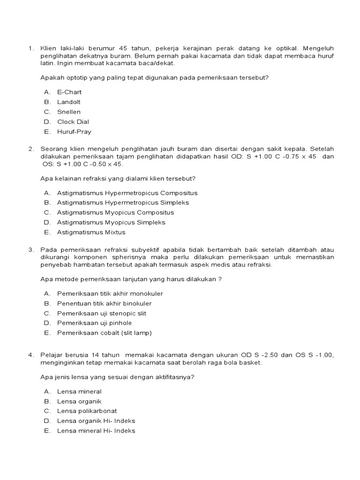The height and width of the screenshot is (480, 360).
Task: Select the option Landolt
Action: coord(69,102)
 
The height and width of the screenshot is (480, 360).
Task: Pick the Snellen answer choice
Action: coord(69,112)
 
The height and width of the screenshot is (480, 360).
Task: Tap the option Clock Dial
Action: coord(73,122)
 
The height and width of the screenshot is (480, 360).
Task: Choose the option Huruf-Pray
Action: coord(74,132)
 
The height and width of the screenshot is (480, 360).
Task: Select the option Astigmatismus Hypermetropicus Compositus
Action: coord(127,193)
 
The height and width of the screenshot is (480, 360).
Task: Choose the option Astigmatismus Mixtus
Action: coord(91,232)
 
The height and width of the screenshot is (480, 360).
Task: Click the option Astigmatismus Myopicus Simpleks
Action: coord(111,222)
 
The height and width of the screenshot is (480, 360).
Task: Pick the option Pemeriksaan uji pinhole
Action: coord(94,323)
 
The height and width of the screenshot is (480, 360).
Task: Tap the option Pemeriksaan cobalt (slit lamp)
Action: coord(105,333)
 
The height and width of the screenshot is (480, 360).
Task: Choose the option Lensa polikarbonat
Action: coord(87,411)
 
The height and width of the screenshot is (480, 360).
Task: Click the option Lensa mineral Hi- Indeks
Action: coord(96,431)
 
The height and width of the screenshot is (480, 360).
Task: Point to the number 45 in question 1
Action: coord(124,48)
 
